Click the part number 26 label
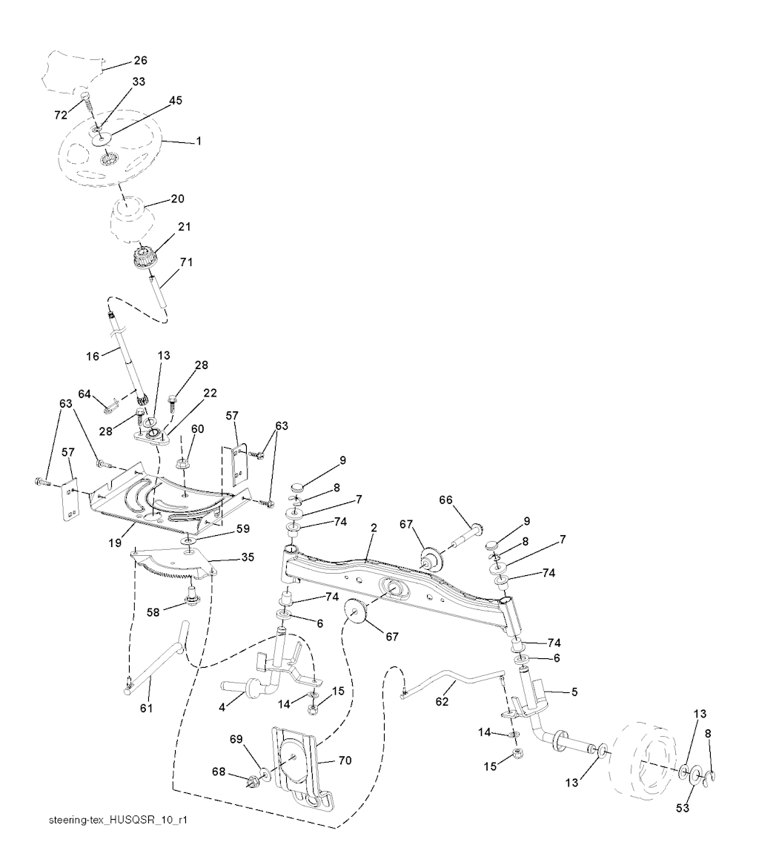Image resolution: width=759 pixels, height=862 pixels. pyautogui.click(x=141, y=61)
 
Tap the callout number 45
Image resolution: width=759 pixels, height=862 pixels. pyautogui.click(x=176, y=101)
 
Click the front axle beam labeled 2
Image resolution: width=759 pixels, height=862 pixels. pyautogui.click(x=400, y=591)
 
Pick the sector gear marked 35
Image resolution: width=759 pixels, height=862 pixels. pyautogui.click(x=173, y=563)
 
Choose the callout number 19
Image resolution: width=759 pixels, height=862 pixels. pyautogui.click(x=114, y=543)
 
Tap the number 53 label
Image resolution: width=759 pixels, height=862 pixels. pyautogui.click(x=683, y=808)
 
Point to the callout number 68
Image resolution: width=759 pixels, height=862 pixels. pyautogui.click(x=219, y=772)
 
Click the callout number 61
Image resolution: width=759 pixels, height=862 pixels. pyautogui.click(x=145, y=709)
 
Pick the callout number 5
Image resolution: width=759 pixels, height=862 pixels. pyautogui.click(x=574, y=692)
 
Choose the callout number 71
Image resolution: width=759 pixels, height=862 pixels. pyautogui.click(x=187, y=262)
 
